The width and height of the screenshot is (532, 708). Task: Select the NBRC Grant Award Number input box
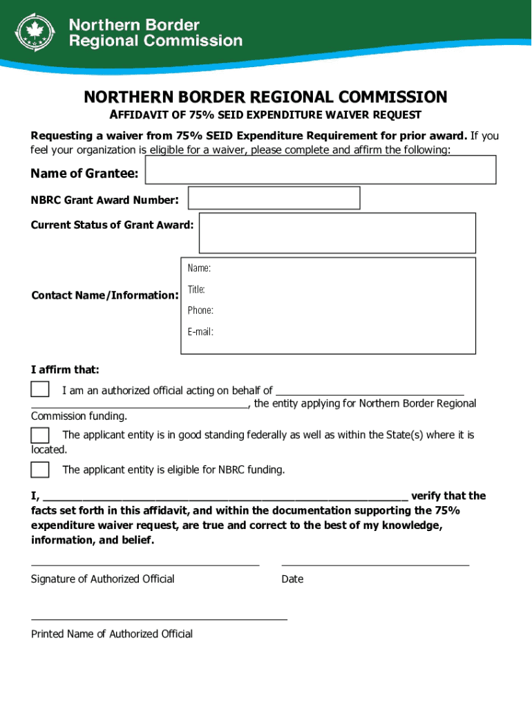274,198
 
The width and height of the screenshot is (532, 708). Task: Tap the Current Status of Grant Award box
337,233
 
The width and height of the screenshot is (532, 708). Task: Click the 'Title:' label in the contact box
196,290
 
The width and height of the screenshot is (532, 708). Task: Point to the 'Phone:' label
200,310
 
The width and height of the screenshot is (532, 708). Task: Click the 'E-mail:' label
200,332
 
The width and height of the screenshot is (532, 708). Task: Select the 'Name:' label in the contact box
199,268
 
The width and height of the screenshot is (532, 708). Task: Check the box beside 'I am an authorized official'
40,389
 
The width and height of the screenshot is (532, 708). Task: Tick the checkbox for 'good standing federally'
40,435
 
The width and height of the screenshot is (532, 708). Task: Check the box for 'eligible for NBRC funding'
40,469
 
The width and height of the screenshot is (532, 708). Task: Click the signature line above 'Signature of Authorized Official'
145,565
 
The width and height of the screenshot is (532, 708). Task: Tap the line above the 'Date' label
375,565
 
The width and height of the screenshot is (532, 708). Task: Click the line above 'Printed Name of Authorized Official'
159,619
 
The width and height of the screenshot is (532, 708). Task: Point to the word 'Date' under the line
292,579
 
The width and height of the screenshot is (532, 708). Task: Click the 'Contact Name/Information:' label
105,295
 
